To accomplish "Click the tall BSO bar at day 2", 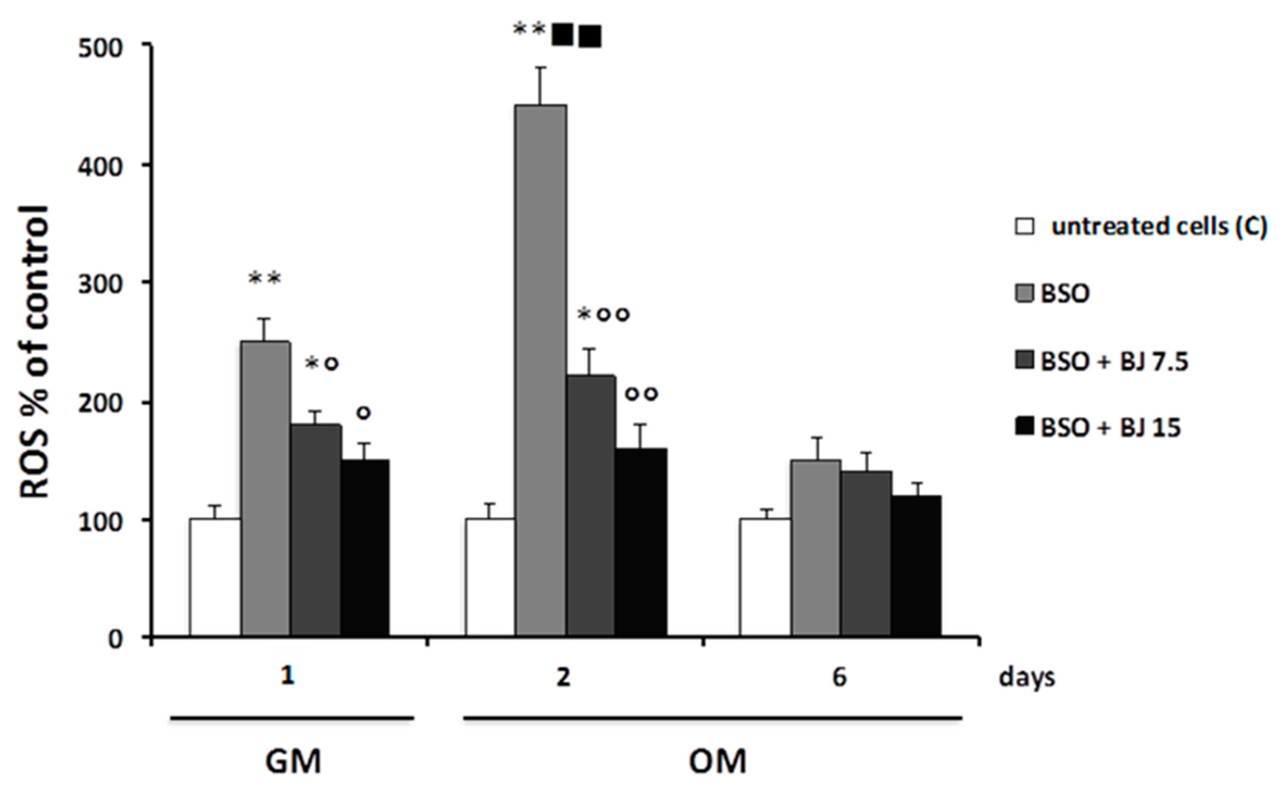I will [541, 370].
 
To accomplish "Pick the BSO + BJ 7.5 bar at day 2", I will [591, 505].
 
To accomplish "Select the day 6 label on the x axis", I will [839, 678].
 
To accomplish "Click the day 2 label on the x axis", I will [564, 678].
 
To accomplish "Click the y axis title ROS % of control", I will [34, 352].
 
